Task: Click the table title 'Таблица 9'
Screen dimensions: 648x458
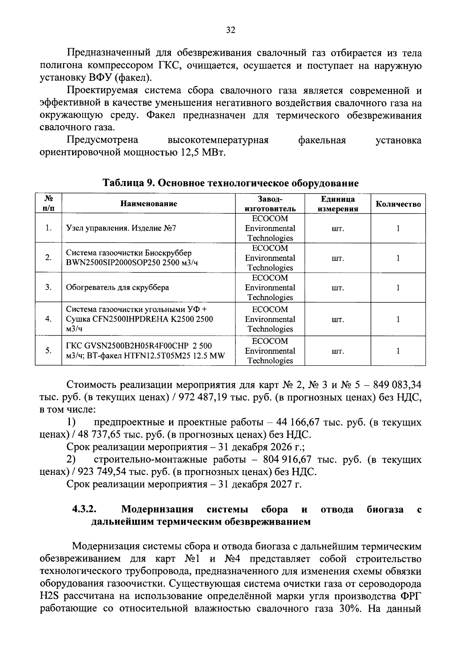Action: click(127, 183)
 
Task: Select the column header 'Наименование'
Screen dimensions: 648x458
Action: click(149, 204)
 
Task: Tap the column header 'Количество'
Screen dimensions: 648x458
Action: click(398, 204)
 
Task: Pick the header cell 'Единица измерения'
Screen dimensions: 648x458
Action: click(337, 204)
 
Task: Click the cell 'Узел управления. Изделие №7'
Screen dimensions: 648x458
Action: click(121, 228)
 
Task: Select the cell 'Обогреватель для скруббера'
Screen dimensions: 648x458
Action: click(118, 287)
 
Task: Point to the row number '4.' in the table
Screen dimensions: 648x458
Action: click(48, 319)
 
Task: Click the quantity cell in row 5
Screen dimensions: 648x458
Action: click(398, 351)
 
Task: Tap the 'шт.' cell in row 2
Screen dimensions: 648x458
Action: click(337, 258)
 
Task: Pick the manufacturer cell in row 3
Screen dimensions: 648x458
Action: click(270, 288)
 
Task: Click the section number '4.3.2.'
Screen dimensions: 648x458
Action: click(84, 509)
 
